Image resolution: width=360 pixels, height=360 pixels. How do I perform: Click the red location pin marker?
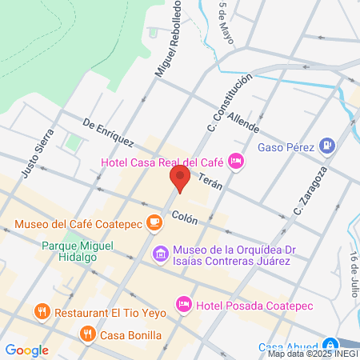179,178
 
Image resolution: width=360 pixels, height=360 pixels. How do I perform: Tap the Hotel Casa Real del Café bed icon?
235,162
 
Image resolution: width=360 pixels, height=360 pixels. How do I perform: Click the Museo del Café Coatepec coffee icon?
155,226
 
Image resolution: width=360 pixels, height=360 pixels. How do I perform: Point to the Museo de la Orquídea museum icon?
160,254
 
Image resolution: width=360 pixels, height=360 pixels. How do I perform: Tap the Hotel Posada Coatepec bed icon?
184,304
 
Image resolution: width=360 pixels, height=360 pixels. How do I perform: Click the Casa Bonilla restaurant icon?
88,334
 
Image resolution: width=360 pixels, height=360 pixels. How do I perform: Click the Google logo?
26,350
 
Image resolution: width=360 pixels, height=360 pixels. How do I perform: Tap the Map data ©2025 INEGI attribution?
313,353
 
